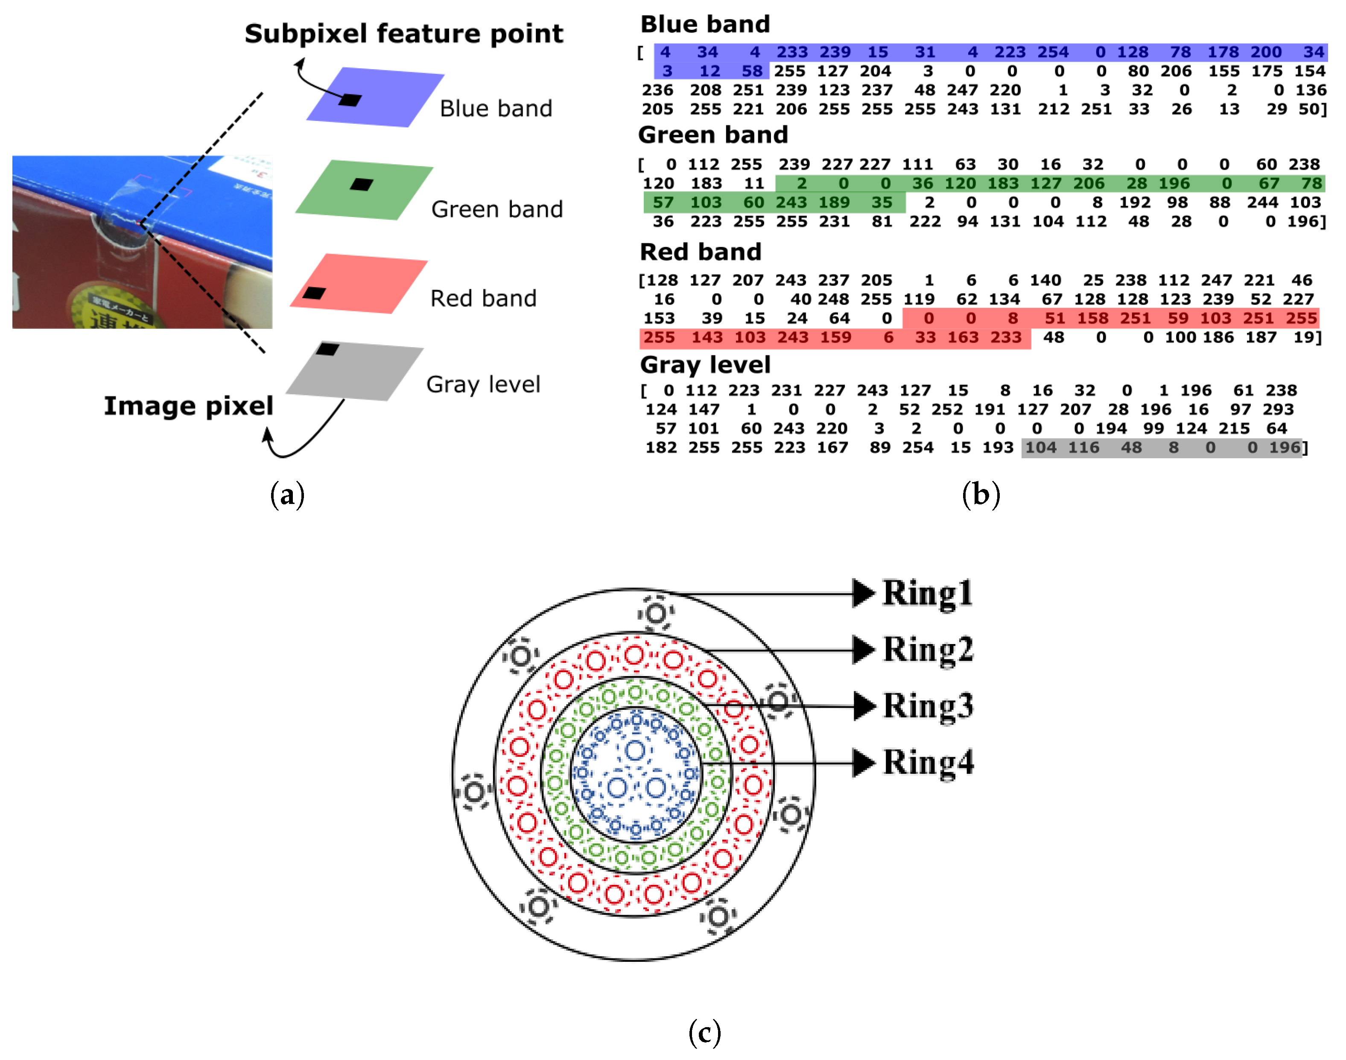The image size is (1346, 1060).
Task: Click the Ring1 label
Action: (927, 593)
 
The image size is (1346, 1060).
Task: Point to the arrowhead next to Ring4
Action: (864, 763)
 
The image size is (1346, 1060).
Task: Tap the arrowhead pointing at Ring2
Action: (864, 650)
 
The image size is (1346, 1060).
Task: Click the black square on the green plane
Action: (361, 184)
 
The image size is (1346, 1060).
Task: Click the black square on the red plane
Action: (314, 293)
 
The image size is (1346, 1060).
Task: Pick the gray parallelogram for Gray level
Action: (360, 372)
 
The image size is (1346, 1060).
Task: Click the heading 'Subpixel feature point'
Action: (403, 33)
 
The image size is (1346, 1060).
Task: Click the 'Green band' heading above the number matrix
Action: (712, 135)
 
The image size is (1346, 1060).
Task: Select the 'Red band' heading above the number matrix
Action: (700, 252)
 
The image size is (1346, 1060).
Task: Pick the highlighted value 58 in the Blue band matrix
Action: (751, 71)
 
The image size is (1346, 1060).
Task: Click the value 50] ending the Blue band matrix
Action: (1312, 109)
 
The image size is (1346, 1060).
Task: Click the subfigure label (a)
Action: (287, 495)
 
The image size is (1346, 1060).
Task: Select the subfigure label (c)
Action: (705, 1033)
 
